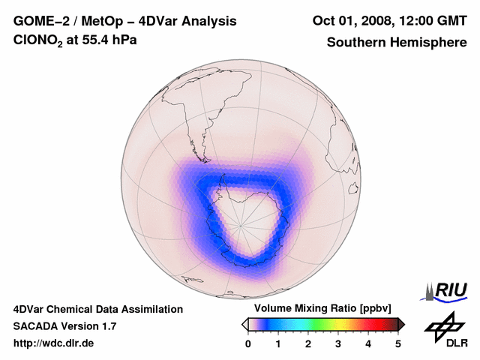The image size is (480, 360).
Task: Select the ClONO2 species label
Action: click(x=40, y=40)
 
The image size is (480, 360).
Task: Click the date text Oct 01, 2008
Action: click(x=352, y=21)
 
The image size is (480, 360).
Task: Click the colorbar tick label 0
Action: click(x=248, y=343)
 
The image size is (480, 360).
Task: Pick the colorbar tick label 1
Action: click(x=278, y=343)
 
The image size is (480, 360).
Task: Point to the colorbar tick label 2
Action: click(x=308, y=343)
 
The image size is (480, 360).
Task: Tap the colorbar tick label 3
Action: click(x=338, y=343)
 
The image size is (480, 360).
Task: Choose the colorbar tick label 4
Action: click(x=368, y=343)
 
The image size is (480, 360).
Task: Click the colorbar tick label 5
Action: click(x=398, y=343)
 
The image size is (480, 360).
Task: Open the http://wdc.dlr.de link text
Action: click(x=54, y=343)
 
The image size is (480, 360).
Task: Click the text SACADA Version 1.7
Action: click(x=64, y=326)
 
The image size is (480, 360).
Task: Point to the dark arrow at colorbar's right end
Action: click(x=401, y=324)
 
